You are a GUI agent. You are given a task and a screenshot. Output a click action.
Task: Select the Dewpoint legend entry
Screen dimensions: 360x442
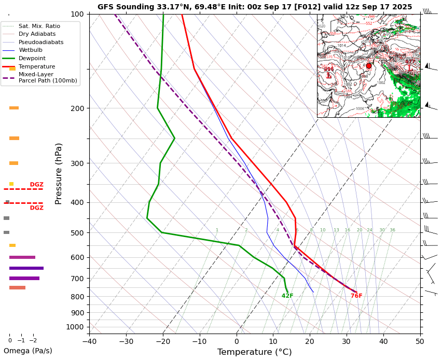32,59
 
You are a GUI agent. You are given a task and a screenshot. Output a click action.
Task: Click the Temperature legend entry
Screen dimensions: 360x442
36,66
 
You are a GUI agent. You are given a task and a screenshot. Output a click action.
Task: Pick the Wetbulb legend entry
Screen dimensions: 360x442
31,50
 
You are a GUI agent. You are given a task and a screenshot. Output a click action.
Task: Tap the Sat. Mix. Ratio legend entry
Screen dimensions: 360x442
39,26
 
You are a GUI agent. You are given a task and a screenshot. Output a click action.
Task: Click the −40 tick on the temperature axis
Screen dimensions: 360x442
89,341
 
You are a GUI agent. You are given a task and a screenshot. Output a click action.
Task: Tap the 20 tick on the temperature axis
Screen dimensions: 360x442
310,341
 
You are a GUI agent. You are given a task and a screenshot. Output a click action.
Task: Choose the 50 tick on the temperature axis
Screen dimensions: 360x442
420,341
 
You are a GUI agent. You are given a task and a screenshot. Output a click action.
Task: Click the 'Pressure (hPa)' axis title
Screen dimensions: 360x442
59,173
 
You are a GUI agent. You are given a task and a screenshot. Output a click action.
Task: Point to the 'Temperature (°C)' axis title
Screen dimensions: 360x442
254,352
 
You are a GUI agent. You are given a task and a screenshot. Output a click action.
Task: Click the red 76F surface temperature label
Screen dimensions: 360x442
356,296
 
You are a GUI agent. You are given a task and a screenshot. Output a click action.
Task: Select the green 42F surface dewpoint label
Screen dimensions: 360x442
287,296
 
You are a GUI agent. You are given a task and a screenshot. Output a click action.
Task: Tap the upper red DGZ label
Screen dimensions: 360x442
36,185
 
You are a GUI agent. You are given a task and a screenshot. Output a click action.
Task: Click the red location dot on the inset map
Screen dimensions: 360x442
369,66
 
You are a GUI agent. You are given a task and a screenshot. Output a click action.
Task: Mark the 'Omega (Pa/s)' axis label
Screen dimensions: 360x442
28,351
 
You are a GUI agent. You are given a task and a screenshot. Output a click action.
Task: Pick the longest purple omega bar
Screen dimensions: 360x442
26,268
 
